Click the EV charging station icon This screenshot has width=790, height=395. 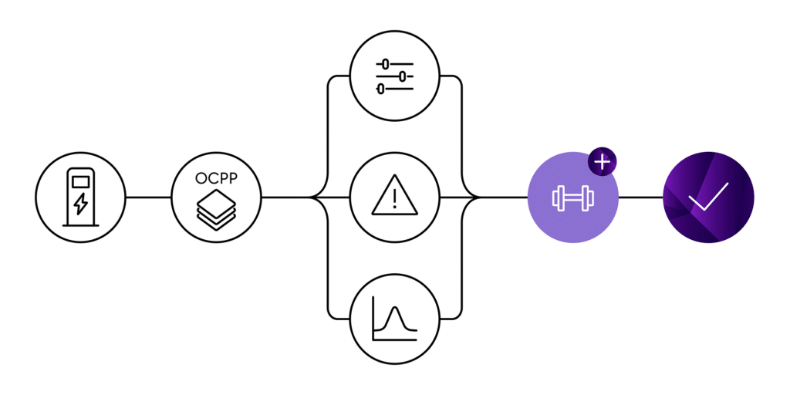[80, 197]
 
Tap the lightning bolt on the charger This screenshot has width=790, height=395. [80, 206]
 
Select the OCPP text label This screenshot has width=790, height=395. [216, 178]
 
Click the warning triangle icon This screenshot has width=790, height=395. [395, 197]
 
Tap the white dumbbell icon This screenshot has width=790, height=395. [572, 197]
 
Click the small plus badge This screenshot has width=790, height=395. [603, 164]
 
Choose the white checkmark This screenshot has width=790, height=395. [708, 196]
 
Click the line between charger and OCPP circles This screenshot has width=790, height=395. [148, 197]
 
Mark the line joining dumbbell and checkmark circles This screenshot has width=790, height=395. [640, 197]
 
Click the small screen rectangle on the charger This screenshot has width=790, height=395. [80, 182]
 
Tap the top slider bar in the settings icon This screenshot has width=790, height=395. [395, 65]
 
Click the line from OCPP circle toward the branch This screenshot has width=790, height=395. [285, 197]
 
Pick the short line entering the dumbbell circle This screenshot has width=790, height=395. [505, 197]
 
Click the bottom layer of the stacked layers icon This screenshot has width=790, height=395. [216, 221]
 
